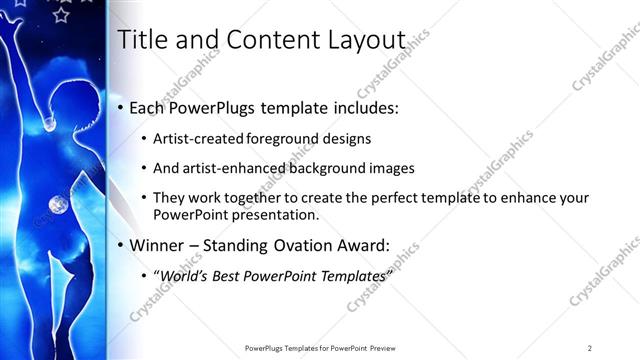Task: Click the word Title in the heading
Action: [x=141, y=40]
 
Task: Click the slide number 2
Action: [x=590, y=348]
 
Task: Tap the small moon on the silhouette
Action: [x=56, y=206]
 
